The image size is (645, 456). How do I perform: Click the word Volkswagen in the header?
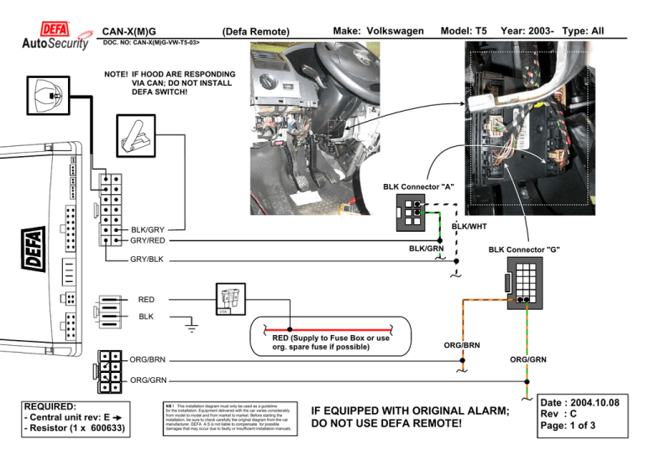[389, 31]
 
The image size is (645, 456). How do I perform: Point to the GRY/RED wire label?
[147, 241]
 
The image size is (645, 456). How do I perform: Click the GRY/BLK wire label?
[147, 259]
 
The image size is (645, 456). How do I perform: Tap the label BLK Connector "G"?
[525, 250]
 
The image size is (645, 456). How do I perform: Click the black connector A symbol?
[411, 213]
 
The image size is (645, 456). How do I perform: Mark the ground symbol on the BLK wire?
[191, 322]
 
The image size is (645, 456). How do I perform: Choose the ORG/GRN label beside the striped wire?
[528, 360]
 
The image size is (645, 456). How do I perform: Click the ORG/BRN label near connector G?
[462, 344]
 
